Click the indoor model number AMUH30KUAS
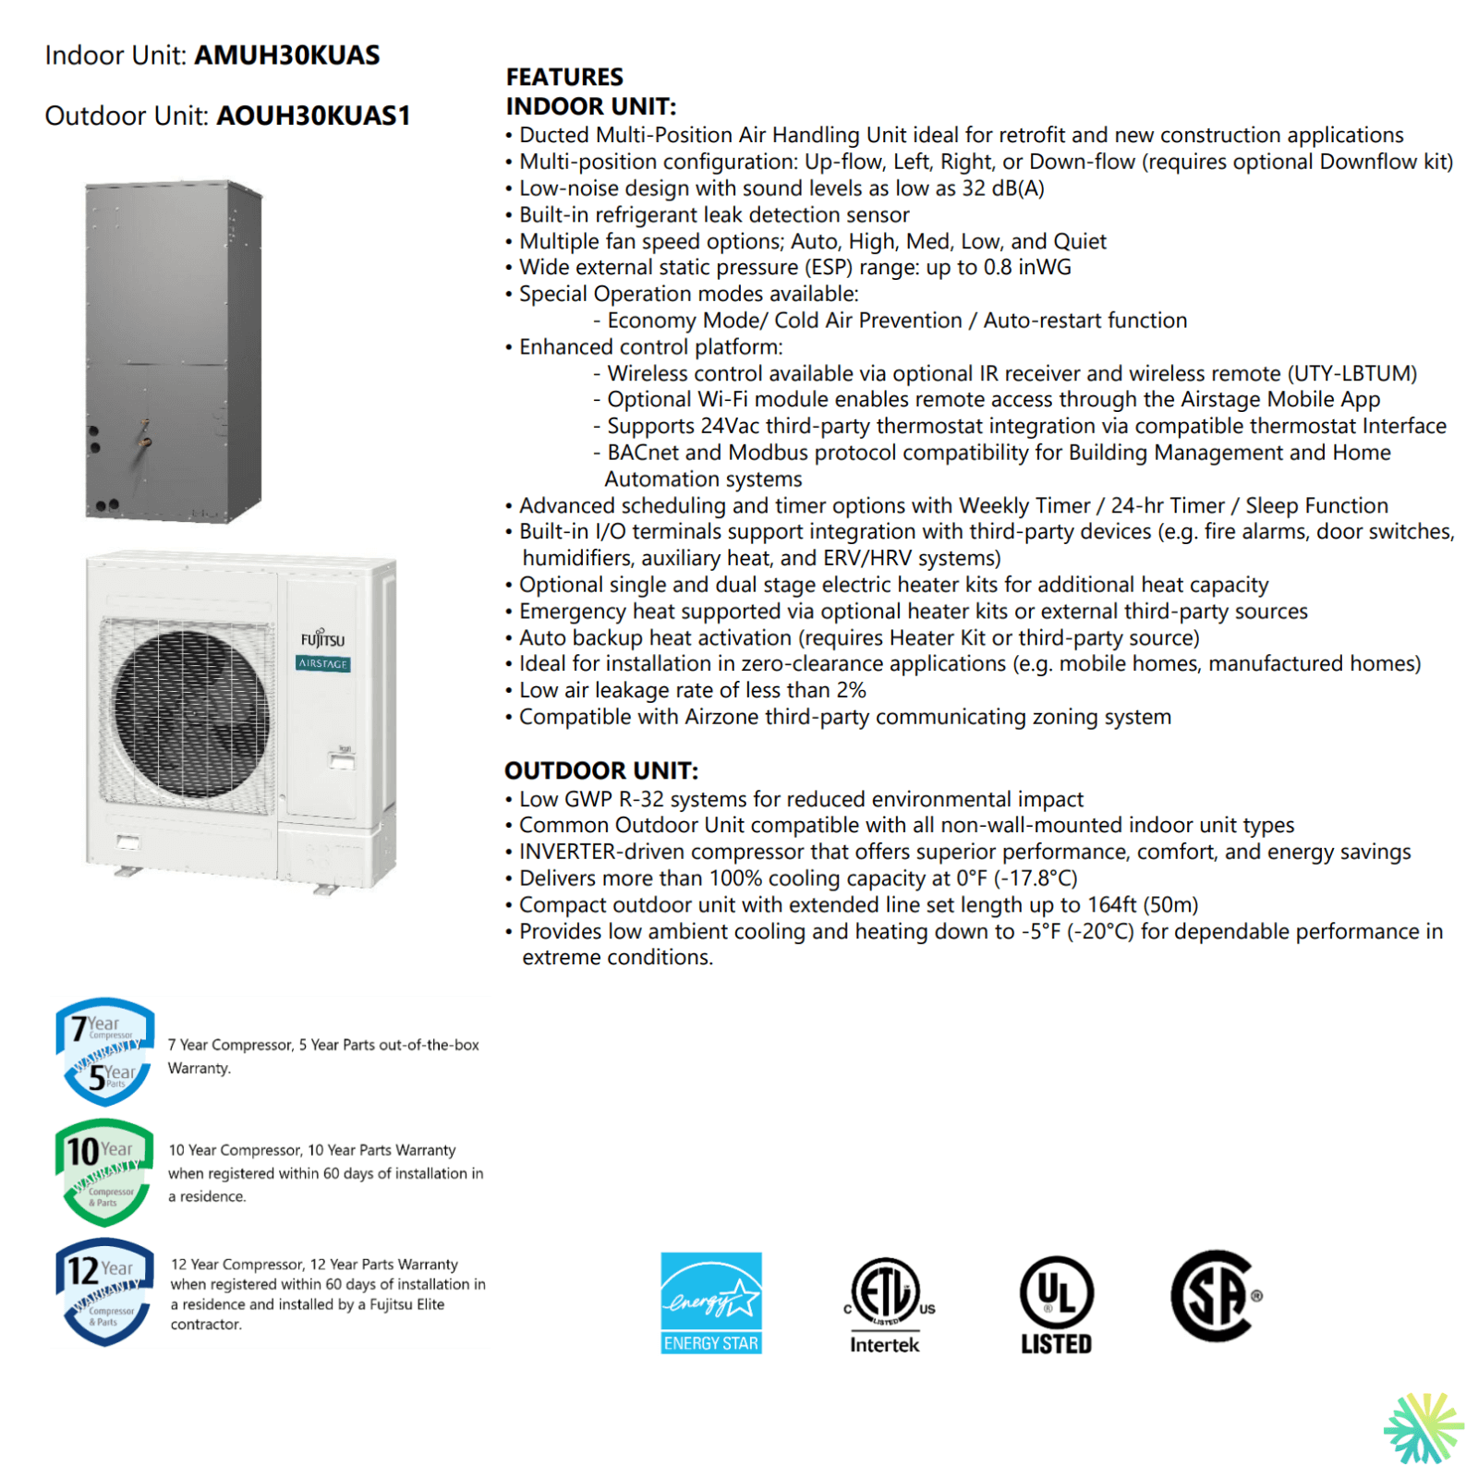(286, 55)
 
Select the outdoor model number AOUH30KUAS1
(313, 116)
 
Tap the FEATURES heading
(564, 77)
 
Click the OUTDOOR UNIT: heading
(601, 770)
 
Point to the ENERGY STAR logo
(711, 1302)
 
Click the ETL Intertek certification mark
(885, 1302)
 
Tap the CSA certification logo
(1215, 1295)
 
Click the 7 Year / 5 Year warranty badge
(103, 1052)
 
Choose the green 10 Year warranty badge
(103, 1171)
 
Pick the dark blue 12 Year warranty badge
(103, 1290)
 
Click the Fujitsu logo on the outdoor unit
(322, 639)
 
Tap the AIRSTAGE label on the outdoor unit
(322, 664)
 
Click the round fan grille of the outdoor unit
(191, 716)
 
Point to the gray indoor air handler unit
(173, 351)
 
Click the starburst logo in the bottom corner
(1423, 1428)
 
